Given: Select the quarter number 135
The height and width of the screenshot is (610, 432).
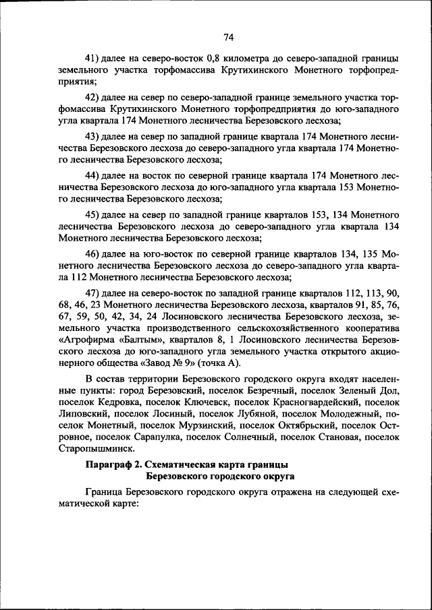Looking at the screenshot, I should tap(367, 253).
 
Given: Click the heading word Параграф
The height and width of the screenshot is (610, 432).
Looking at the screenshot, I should tap(109, 465).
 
